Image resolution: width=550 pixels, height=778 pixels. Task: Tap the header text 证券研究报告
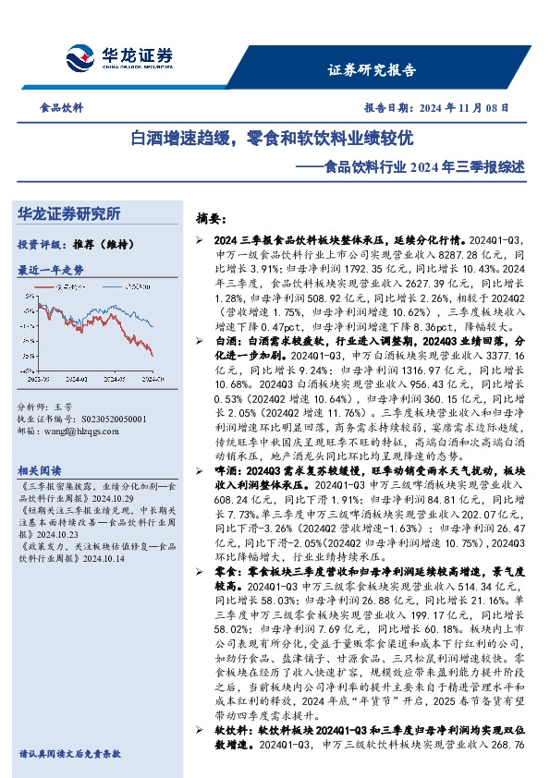(372, 69)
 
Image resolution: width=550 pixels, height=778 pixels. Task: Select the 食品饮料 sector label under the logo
(62, 108)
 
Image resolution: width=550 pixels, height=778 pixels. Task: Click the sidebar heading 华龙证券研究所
(81, 214)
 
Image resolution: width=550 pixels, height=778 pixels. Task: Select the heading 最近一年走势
(51, 270)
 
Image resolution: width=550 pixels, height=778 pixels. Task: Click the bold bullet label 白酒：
(226, 340)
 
